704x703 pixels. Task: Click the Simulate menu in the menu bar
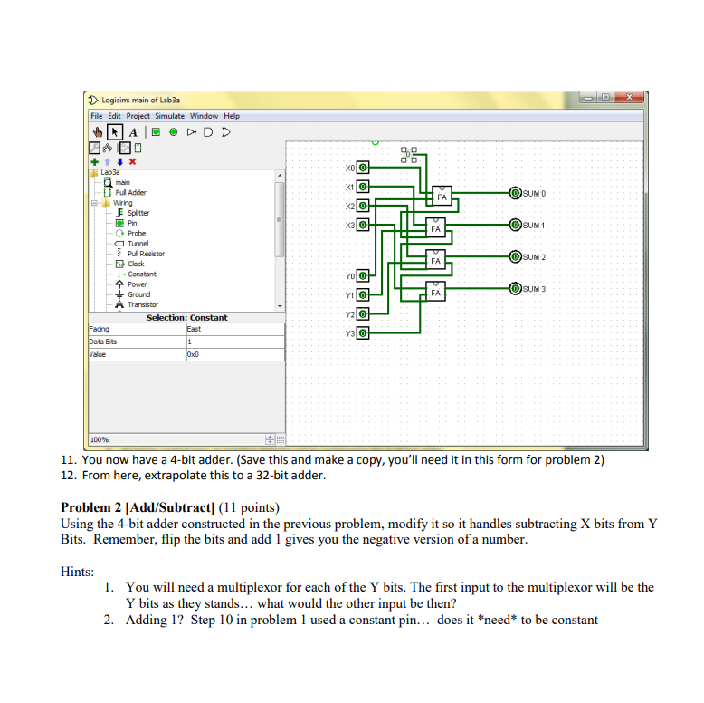click(x=169, y=116)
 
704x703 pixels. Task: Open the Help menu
click(x=232, y=116)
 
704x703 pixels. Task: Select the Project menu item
click(x=138, y=116)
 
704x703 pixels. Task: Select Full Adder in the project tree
click(x=130, y=193)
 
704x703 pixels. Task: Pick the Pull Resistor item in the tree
click(x=146, y=254)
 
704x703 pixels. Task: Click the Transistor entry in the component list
click(x=142, y=304)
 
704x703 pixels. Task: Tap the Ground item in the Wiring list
click(x=138, y=294)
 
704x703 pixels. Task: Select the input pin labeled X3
click(x=363, y=224)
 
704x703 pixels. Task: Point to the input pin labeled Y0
click(x=363, y=275)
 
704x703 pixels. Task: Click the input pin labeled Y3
click(x=363, y=333)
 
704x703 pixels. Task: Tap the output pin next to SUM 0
click(x=515, y=193)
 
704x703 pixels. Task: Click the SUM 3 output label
click(x=535, y=289)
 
